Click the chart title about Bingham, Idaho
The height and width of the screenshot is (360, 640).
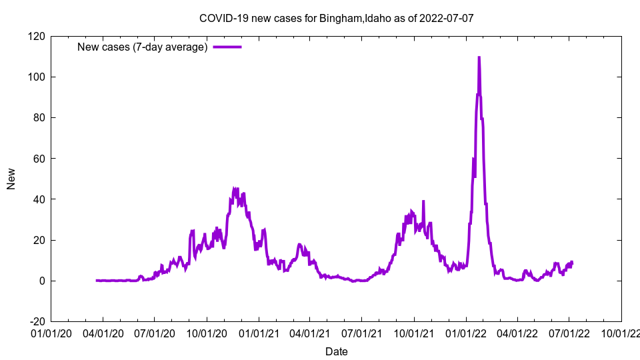(x=336, y=18)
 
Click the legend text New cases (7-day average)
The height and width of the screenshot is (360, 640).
(x=143, y=47)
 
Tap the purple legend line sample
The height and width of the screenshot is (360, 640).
(x=227, y=47)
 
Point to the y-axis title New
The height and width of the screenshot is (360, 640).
(x=11, y=179)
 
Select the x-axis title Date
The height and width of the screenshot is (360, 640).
(x=336, y=351)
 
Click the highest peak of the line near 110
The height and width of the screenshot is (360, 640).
(x=479, y=58)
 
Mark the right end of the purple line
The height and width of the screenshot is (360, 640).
(x=572, y=263)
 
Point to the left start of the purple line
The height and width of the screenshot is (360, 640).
(x=97, y=280)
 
